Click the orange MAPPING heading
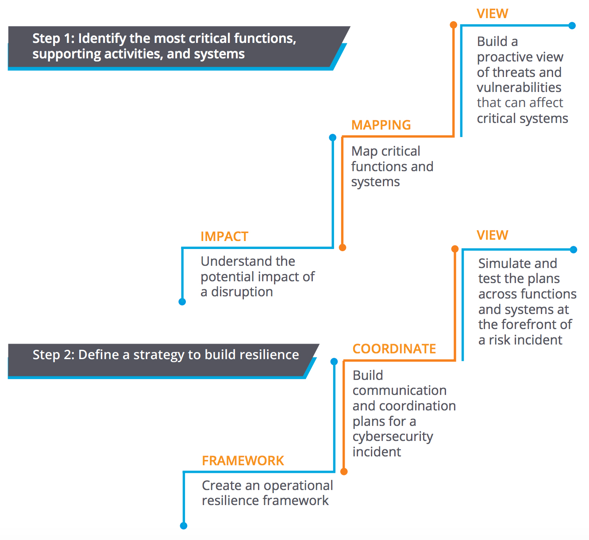(x=381, y=125)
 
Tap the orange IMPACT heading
(x=224, y=237)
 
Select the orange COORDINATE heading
(x=394, y=349)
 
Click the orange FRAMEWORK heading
(x=243, y=461)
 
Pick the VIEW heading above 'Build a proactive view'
(x=492, y=14)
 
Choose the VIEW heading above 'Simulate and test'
(x=492, y=235)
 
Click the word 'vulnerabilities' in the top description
(x=519, y=88)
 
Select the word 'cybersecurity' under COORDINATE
(x=393, y=437)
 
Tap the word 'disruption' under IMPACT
(x=242, y=292)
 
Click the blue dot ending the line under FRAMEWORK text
(x=184, y=525)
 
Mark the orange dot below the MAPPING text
(x=343, y=247)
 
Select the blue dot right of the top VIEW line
(x=572, y=26)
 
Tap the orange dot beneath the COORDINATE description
(x=344, y=471)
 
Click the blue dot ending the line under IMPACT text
(x=182, y=302)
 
